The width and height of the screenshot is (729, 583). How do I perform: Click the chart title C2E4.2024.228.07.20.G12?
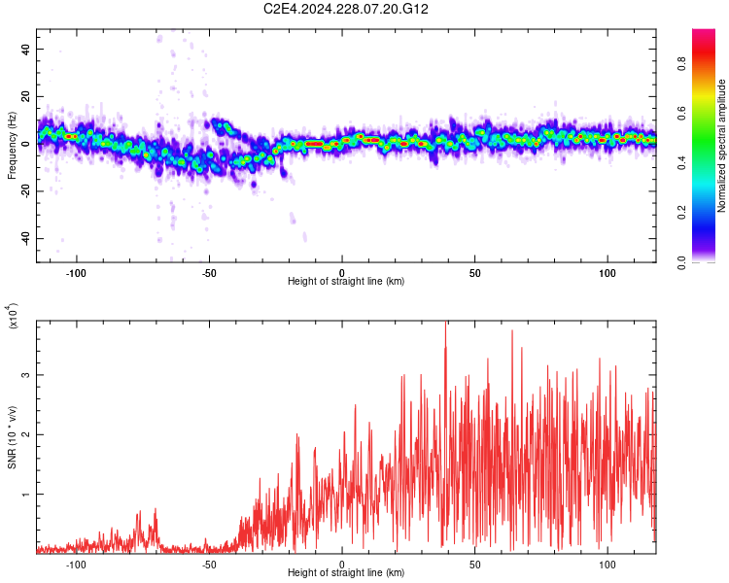(346, 9)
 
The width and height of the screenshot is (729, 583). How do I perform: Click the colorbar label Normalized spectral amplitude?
(722, 146)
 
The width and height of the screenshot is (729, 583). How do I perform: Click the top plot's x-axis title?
(346, 282)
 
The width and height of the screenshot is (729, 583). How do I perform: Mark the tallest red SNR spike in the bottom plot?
(446, 324)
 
